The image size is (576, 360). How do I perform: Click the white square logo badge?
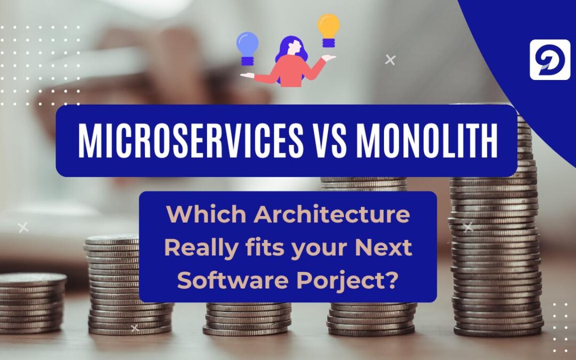[550, 60]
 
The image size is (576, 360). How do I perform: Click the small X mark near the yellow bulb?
[390, 60]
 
